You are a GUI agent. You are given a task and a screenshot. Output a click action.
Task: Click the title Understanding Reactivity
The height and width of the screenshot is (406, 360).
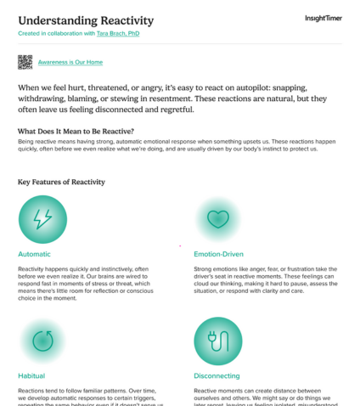(86, 20)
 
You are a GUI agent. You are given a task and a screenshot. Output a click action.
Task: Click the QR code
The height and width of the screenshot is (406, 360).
(25, 62)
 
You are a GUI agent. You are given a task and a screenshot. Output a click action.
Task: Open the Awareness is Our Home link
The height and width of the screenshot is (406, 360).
(70, 63)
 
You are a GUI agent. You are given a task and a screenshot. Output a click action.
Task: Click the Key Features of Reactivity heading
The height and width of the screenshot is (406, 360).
(61, 182)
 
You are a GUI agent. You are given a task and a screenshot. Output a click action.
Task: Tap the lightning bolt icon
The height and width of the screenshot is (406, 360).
(42, 220)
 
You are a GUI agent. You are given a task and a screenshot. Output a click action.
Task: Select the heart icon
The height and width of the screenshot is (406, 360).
(218, 219)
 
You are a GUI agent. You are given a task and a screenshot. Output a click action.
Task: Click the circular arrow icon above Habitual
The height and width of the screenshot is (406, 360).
(42, 341)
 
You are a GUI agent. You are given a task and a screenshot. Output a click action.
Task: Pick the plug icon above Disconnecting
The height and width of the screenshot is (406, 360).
(217, 341)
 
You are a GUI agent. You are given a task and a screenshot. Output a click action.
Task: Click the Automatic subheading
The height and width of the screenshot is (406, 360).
(34, 253)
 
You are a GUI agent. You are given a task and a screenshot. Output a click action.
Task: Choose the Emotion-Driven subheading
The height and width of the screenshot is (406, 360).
(219, 253)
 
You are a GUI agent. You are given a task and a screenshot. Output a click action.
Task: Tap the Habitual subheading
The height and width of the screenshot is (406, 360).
(31, 375)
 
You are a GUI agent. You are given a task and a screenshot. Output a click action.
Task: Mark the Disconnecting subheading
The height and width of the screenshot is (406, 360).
(217, 375)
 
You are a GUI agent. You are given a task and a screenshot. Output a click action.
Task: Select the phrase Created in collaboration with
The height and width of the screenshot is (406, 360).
(57, 33)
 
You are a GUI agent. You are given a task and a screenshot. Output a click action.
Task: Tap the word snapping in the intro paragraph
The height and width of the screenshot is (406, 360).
(282, 87)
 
